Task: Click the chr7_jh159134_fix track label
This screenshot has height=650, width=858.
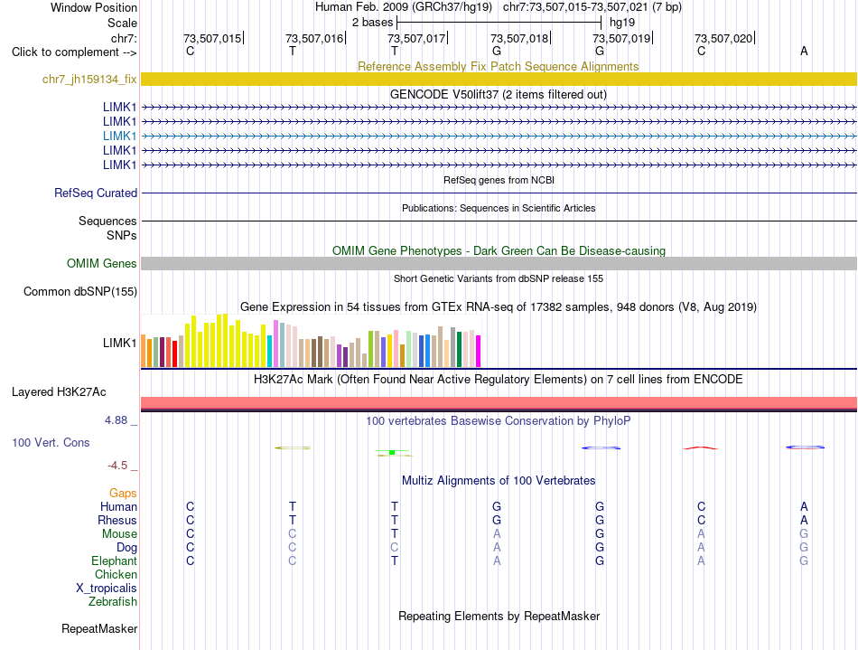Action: [89, 80]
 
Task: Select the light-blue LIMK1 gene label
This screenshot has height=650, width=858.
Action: [119, 136]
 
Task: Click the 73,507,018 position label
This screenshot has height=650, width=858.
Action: [518, 38]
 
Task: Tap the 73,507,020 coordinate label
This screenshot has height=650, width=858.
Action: [723, 38]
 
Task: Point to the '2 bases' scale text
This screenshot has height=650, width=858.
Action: [372, 23]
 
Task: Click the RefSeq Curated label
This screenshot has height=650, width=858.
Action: [96, 193]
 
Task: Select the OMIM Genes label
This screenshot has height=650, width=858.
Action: [102, 263]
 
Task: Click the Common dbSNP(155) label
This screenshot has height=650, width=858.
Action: [80, 291]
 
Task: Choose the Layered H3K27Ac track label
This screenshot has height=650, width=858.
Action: [59, 392]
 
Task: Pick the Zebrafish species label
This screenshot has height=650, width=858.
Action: [113, 602]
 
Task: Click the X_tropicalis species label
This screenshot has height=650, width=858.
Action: [107, 589]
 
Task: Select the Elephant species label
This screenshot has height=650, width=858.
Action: [114, 561]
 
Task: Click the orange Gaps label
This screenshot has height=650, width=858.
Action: [123, 494]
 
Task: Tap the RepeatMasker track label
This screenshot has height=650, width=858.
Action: [99, 628]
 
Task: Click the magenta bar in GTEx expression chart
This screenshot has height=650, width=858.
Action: [479, 351]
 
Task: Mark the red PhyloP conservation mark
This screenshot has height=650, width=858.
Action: [701, 447]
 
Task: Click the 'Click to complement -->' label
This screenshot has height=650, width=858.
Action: [74, 52]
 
